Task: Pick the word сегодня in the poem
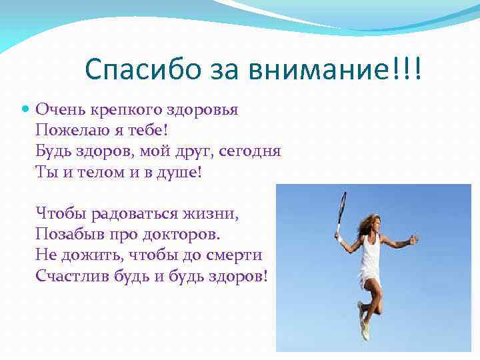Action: [252, 151]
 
